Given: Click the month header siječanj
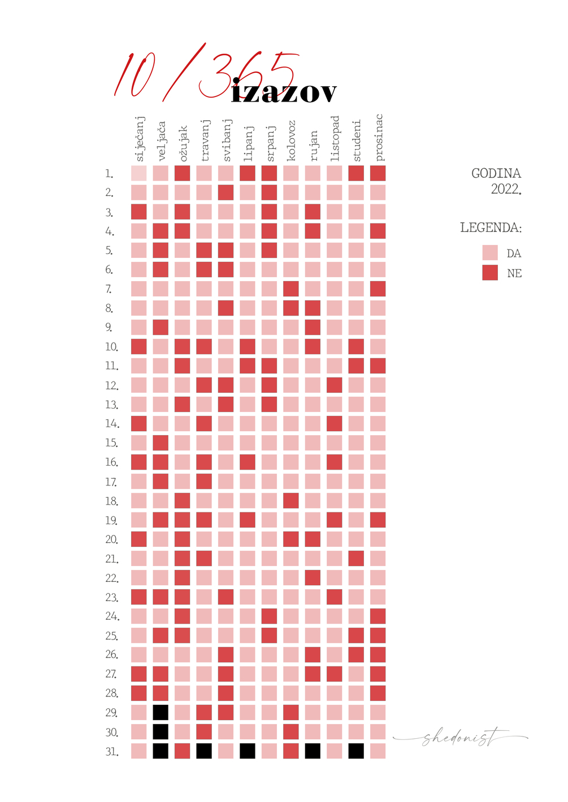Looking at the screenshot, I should (x=140, y=139).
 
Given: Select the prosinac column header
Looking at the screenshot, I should (x=378, y=137).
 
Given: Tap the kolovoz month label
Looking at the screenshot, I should (x=291, y=141).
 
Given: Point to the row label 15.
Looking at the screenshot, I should (x=111, y=443).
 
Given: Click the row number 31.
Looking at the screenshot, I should (x=112, y=752).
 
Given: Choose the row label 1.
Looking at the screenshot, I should (x=109, y=174).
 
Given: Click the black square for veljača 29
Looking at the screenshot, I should (x=161, y=712).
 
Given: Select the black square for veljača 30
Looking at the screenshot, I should (x=161, y=731).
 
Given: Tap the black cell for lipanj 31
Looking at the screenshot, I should (x=248, y=751).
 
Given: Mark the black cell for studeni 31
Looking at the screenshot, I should (x=356, y=751).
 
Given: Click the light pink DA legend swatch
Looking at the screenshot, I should (x=490, y=252).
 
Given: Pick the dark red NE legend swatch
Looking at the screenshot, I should (x=490, y=273).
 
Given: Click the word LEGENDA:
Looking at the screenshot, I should (x=491, y=228).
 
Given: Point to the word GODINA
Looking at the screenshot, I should (x=496, y=173).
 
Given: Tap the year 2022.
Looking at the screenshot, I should (x=505, y=189).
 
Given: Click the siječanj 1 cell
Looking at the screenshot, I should (x=139, y=173).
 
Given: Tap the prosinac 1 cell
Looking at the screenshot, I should (x=378, y=173).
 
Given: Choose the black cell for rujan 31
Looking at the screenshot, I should (x=313, y=751).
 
